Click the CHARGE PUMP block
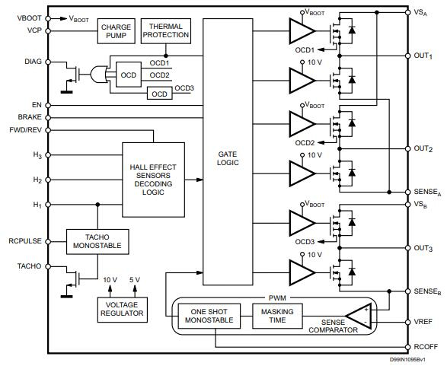point(117,31)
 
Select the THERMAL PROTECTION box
point(165,31)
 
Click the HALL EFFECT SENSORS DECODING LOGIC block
point(153,180)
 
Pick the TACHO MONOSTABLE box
point(97,241)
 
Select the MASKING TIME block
point(277,317)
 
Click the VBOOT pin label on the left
point(30,17)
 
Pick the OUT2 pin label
point(423,148)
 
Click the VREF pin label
point(423,322)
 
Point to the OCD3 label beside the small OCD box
point(184,88)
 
